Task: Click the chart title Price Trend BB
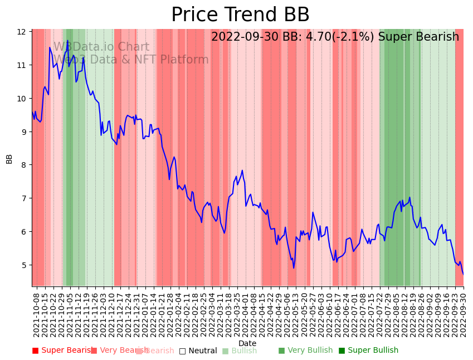[x=240, y=15]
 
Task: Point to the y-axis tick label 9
[x=23, y=132]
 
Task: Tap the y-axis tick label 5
[x=23, y=265]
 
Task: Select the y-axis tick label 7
[x=23, y=198]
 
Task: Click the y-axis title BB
[x=9, y=158]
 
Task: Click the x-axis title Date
[x=247, y=343]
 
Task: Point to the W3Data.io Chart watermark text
[x=101, y=47]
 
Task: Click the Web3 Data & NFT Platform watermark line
[x=131, y=60]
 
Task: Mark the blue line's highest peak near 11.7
[x=67, y=41]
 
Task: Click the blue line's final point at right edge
[x=463, y=274]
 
